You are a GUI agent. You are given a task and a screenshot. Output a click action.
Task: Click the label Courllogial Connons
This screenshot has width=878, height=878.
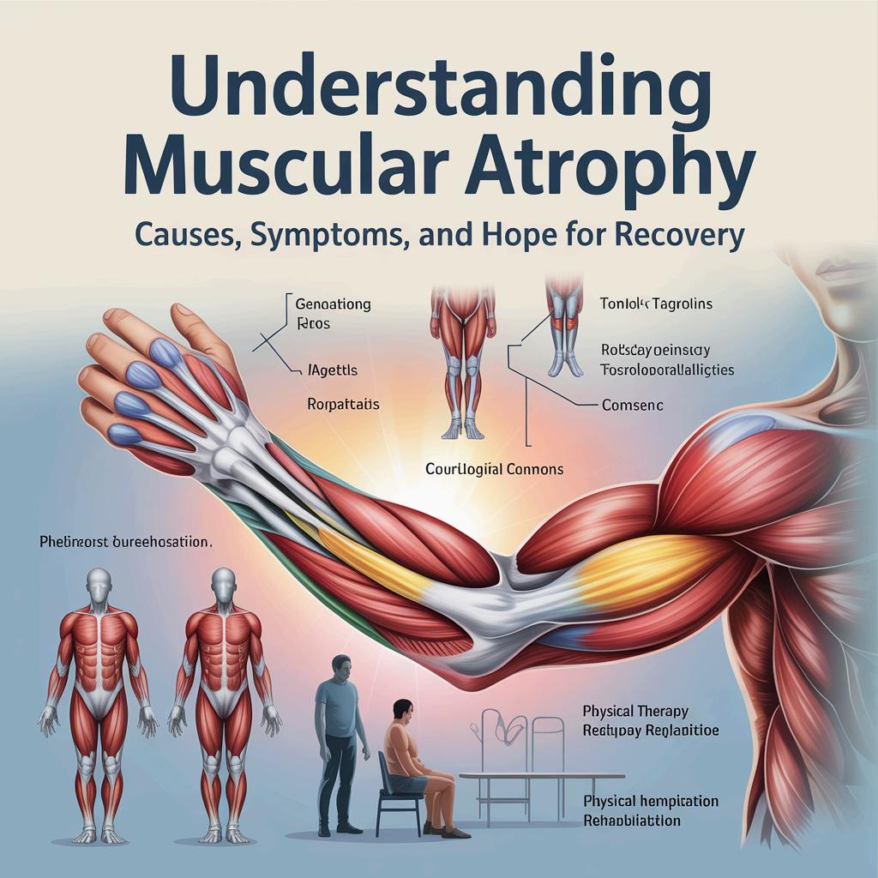click(x=495, y=469)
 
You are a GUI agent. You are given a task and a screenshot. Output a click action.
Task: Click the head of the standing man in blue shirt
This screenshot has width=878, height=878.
click(x=340, y=667)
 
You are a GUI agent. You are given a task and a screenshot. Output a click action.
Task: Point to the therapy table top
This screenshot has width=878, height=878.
click(x=523, y=776)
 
